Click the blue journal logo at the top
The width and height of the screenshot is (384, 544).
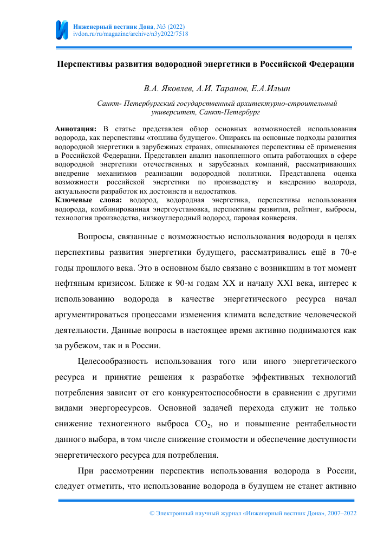(62, 29)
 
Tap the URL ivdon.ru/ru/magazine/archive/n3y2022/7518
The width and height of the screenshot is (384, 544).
(131, 34)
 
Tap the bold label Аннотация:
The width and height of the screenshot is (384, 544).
(76, 129)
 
